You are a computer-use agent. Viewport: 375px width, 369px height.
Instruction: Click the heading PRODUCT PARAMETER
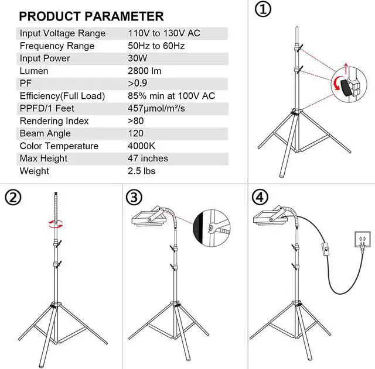click(91, 16)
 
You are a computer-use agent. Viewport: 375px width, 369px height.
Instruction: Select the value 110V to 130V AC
click(164, 33)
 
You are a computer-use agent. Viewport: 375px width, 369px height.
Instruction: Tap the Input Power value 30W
click(138, 58)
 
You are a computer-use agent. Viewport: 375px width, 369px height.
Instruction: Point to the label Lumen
click(34, 71)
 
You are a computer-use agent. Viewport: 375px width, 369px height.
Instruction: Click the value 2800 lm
click(145, 71)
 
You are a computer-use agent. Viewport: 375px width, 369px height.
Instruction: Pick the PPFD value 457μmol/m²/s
click(156, 108)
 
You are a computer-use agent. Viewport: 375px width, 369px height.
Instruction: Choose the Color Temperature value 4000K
click(141, 146)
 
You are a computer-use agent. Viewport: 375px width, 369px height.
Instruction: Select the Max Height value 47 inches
click(148, 158)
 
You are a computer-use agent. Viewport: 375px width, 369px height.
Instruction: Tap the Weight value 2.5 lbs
click(141, 171)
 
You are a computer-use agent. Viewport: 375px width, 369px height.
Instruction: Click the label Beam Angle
click(45, 133)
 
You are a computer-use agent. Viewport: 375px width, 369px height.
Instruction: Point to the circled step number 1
click(263, 9)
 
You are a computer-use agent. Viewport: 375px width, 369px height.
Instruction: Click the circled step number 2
click(13, 198)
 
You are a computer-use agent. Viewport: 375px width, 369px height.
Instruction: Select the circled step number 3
click(134, 198)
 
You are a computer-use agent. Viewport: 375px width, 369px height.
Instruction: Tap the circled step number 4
click(260, 198)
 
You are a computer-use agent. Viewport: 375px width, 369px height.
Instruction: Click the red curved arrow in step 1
click(335, 84)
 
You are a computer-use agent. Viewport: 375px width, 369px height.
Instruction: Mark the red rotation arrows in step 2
click(56, 224)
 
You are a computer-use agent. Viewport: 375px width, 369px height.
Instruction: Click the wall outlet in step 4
click(362, 239)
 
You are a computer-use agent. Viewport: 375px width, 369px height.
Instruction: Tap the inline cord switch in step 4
click(326, 249)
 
